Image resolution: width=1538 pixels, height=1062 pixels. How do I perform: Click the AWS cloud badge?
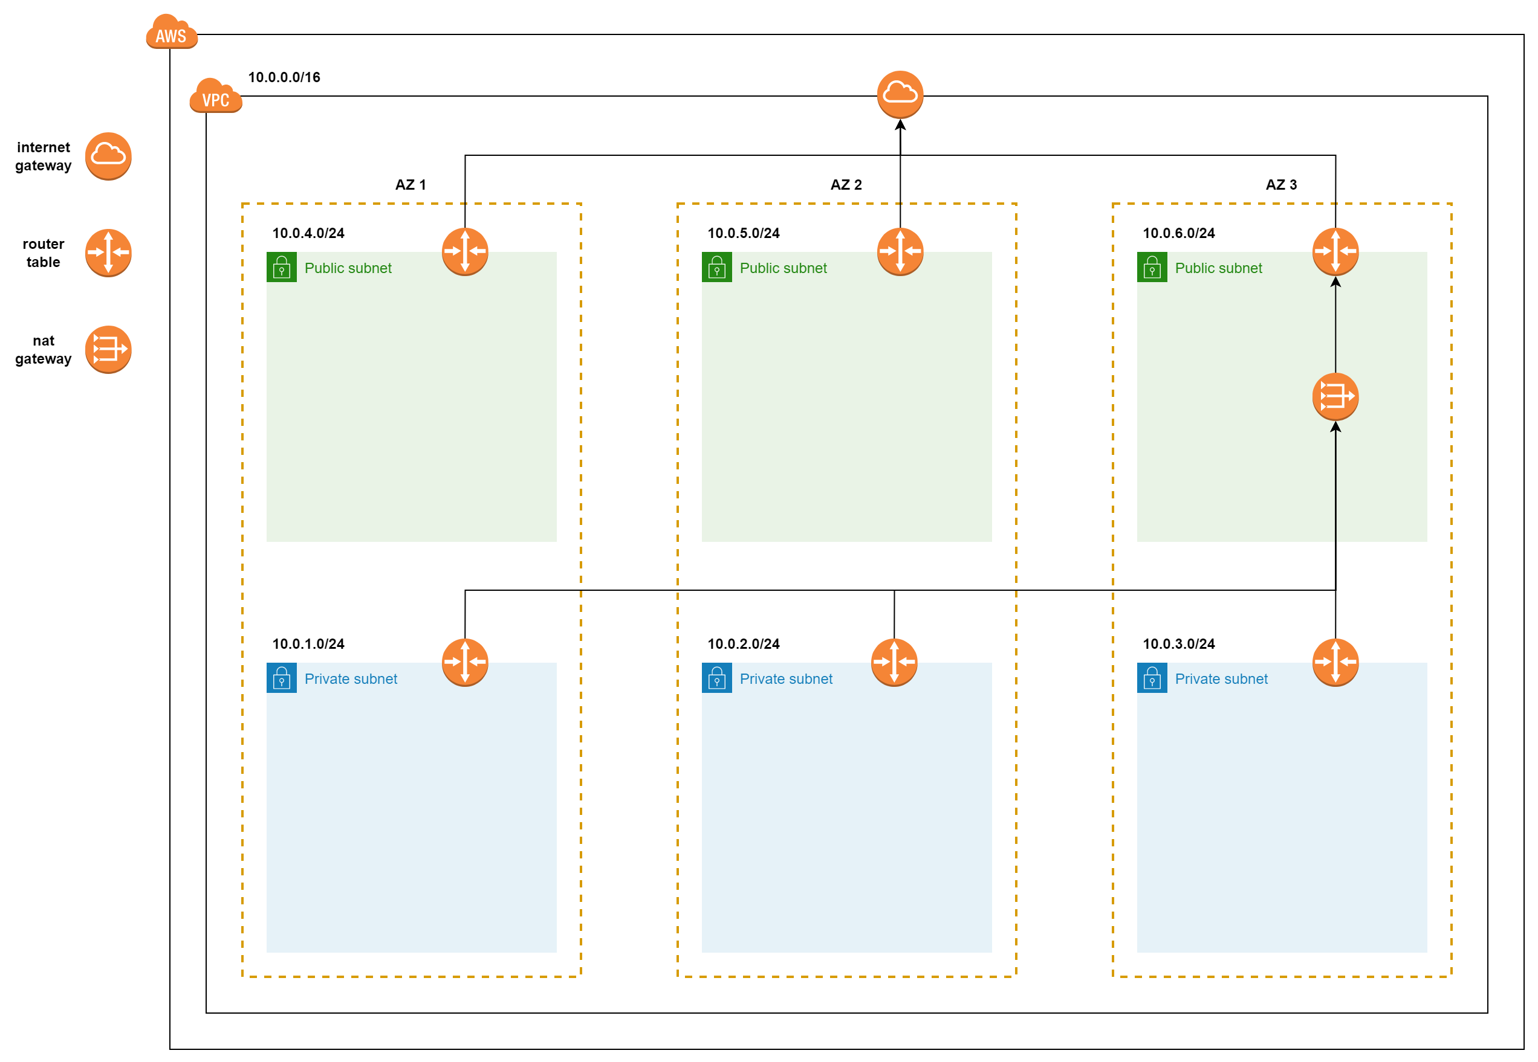tap(172, 32)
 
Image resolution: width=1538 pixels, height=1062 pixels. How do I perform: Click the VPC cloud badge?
tap(216, 96)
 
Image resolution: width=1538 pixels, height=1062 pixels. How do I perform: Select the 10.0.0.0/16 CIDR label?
tap(284, 77)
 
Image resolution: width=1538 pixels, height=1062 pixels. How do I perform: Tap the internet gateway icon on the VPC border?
tap(900, 94)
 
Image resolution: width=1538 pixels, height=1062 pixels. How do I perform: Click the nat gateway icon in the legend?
tap(109, 350)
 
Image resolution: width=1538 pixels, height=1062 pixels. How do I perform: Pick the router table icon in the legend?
tap(109, 253)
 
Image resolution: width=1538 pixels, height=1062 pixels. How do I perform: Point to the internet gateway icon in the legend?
tap(109, 156)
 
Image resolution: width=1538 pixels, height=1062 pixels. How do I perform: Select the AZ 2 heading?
tap(846, 185)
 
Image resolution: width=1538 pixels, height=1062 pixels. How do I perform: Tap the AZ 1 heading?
tap(411, 185)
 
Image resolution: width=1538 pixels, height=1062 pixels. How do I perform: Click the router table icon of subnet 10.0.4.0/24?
tap(466, 252)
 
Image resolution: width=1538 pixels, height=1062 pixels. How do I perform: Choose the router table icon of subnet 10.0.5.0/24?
tap(900, 252)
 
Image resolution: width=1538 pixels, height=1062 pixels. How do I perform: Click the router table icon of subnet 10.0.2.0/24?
tap(894, 663)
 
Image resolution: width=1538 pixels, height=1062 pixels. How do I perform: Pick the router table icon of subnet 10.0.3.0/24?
tap(1335, 663)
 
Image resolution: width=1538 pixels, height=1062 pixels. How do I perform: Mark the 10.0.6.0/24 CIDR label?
tap(1179, 234)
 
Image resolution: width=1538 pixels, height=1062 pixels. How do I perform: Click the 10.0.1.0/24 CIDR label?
tap(308, 644)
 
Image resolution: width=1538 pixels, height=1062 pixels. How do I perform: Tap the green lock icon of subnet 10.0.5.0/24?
tap(717, 268)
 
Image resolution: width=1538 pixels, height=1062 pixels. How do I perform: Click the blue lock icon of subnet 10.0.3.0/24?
tap(1152, 678)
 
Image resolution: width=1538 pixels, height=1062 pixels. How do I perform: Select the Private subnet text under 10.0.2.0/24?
tap(787, 679)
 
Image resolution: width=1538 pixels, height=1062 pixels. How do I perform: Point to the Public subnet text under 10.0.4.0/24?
tap(348, 268)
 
